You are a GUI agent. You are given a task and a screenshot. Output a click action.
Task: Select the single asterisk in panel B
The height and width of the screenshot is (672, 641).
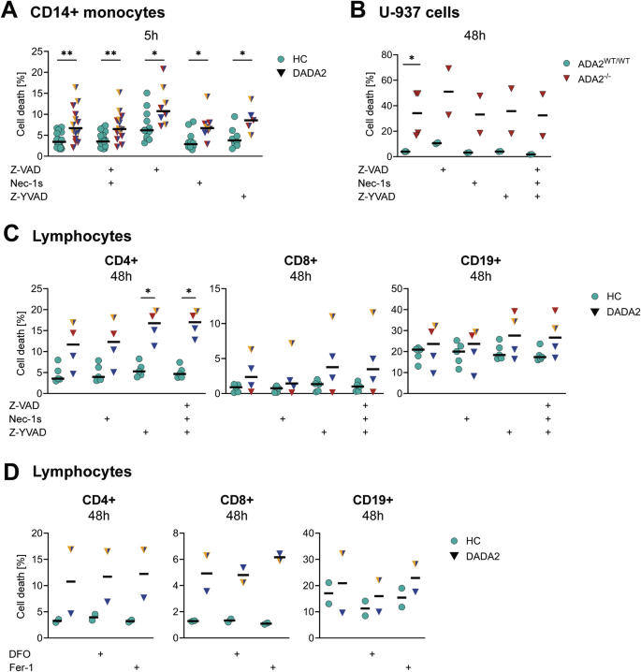413,60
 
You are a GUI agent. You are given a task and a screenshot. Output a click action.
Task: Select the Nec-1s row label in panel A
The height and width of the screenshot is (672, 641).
25,184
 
